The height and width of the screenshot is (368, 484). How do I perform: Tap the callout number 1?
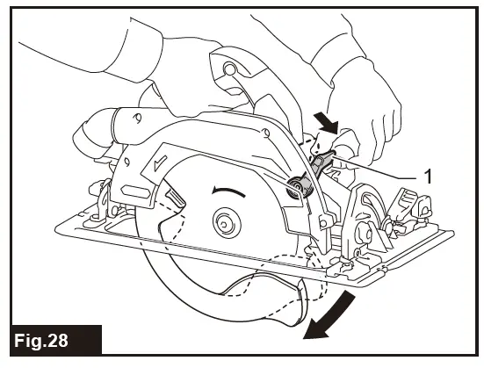(x=428, y=176)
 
